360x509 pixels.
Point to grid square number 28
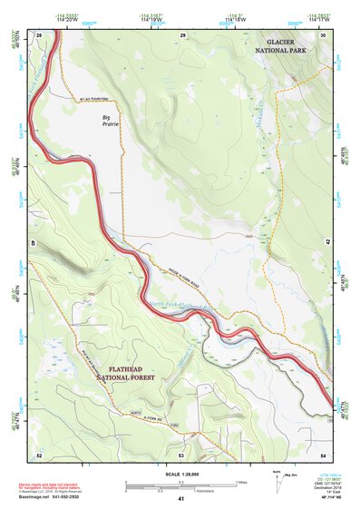tap(39, 34)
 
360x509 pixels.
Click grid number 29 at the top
tap(182, 34)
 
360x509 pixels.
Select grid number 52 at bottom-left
tap(39, 455)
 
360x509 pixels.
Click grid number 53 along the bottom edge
tap(181, 455)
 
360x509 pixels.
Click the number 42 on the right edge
tap(326, 242)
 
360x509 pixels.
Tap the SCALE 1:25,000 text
tap(181, 474)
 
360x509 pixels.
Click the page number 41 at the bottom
tap(181, 499)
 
